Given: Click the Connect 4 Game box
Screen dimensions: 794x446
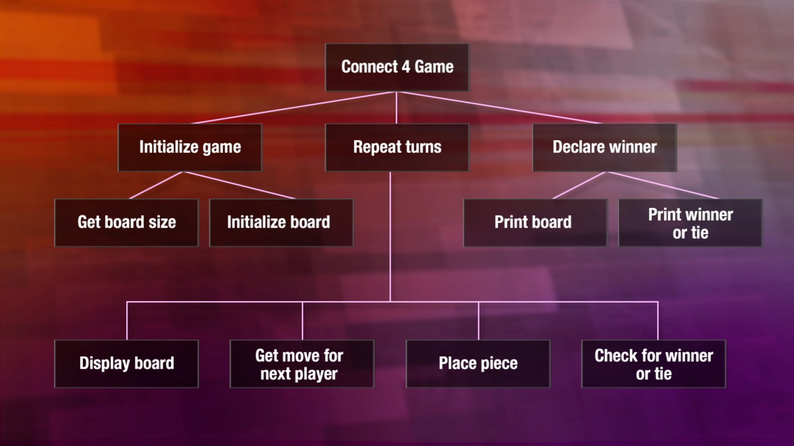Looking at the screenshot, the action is tap(397, 67).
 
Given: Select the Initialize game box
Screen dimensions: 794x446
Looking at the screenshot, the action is tap(190, 147).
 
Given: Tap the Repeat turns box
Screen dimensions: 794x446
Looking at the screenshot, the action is tap(397, 147).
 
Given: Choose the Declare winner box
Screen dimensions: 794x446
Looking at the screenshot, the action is tap(605, 147).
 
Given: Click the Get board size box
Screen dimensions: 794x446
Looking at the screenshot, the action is tap(127, 223).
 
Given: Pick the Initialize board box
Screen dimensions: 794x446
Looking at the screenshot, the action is tap(282, 223).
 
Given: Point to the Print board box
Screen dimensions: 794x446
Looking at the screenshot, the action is tap(535, 223).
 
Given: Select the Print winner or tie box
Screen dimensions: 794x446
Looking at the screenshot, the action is tap(690, 223).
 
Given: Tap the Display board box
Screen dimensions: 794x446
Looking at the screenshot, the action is tap(127, 364).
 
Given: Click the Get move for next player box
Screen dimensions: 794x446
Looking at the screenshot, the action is tap(302, 364).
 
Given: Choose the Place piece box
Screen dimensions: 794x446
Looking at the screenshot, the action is tap(478, 364).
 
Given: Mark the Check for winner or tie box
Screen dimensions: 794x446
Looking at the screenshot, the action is tap(654, 364).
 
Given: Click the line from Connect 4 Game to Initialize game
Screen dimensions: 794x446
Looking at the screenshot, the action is tap(293, 107).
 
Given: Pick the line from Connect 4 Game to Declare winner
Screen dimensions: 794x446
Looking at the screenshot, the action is tap(499, 107).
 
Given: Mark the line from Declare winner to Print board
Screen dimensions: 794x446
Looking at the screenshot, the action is tap(579, 185).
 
